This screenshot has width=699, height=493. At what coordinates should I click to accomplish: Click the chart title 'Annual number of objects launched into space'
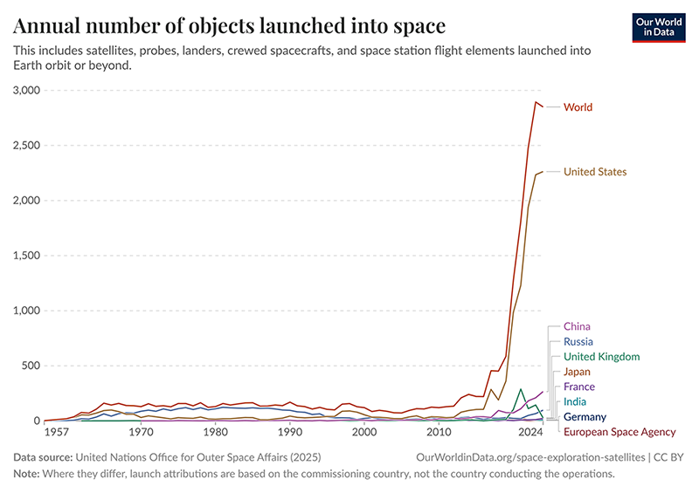229,24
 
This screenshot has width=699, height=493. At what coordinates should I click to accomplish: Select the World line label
578,107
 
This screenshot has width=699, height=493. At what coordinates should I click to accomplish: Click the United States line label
595,172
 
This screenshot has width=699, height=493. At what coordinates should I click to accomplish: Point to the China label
577,326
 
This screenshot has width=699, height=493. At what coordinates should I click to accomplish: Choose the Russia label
578,341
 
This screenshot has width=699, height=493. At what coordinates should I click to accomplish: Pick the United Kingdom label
601,357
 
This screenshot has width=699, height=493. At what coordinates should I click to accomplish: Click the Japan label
577,372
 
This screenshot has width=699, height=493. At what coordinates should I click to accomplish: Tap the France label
578,387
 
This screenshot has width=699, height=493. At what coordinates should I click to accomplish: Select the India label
576,401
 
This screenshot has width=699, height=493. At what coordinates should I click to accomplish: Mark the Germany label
585,417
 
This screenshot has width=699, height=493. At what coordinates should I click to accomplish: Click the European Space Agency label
619,432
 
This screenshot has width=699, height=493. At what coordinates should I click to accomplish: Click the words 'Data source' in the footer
43,456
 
